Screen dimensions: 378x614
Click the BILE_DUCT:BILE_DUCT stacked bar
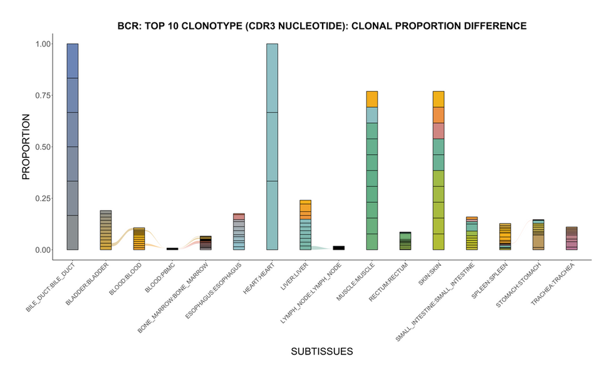[x=73, y=147]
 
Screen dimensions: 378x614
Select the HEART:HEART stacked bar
[x=272, y=147]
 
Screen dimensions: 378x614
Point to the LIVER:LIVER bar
[x=305, y=225]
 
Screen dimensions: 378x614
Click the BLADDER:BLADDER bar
[x=106, y=230]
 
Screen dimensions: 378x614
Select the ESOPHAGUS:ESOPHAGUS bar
[x=239, y=232]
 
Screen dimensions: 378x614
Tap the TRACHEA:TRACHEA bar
[x=571, y=238]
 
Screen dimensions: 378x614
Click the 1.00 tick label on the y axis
[x=43, y=44]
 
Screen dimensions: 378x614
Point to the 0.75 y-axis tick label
[x=43, y=95]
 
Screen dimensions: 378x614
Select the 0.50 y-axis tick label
[x=43, y=147]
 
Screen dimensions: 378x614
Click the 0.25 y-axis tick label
[x=43, y=198]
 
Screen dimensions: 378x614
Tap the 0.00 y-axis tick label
[x=43, y=249]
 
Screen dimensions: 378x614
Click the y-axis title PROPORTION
[x=26, y=147]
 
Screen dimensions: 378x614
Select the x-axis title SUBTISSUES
[x=322, y=352]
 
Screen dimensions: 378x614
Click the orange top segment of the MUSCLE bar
[x=372, y=99]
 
